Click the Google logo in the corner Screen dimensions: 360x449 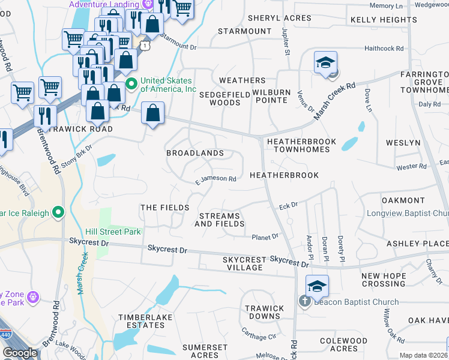pyautogui.click(x=20, y=353)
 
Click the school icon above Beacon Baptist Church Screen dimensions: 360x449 pyautogui.click(x=317, y=286)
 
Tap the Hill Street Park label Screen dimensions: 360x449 pyautogui.click(x=113, y=232)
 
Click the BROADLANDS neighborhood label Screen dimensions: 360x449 pyautogui.click(x=195, y=153)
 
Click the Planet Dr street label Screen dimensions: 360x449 pyautogui.click(x=265, y=237)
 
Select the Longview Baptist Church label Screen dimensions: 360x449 pyautogui.click(x=408, y=214)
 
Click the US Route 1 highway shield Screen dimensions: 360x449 pyautogui.click(x=144, y=45)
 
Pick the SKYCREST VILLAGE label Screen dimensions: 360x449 pyautogui.click(x=244, y=264)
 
